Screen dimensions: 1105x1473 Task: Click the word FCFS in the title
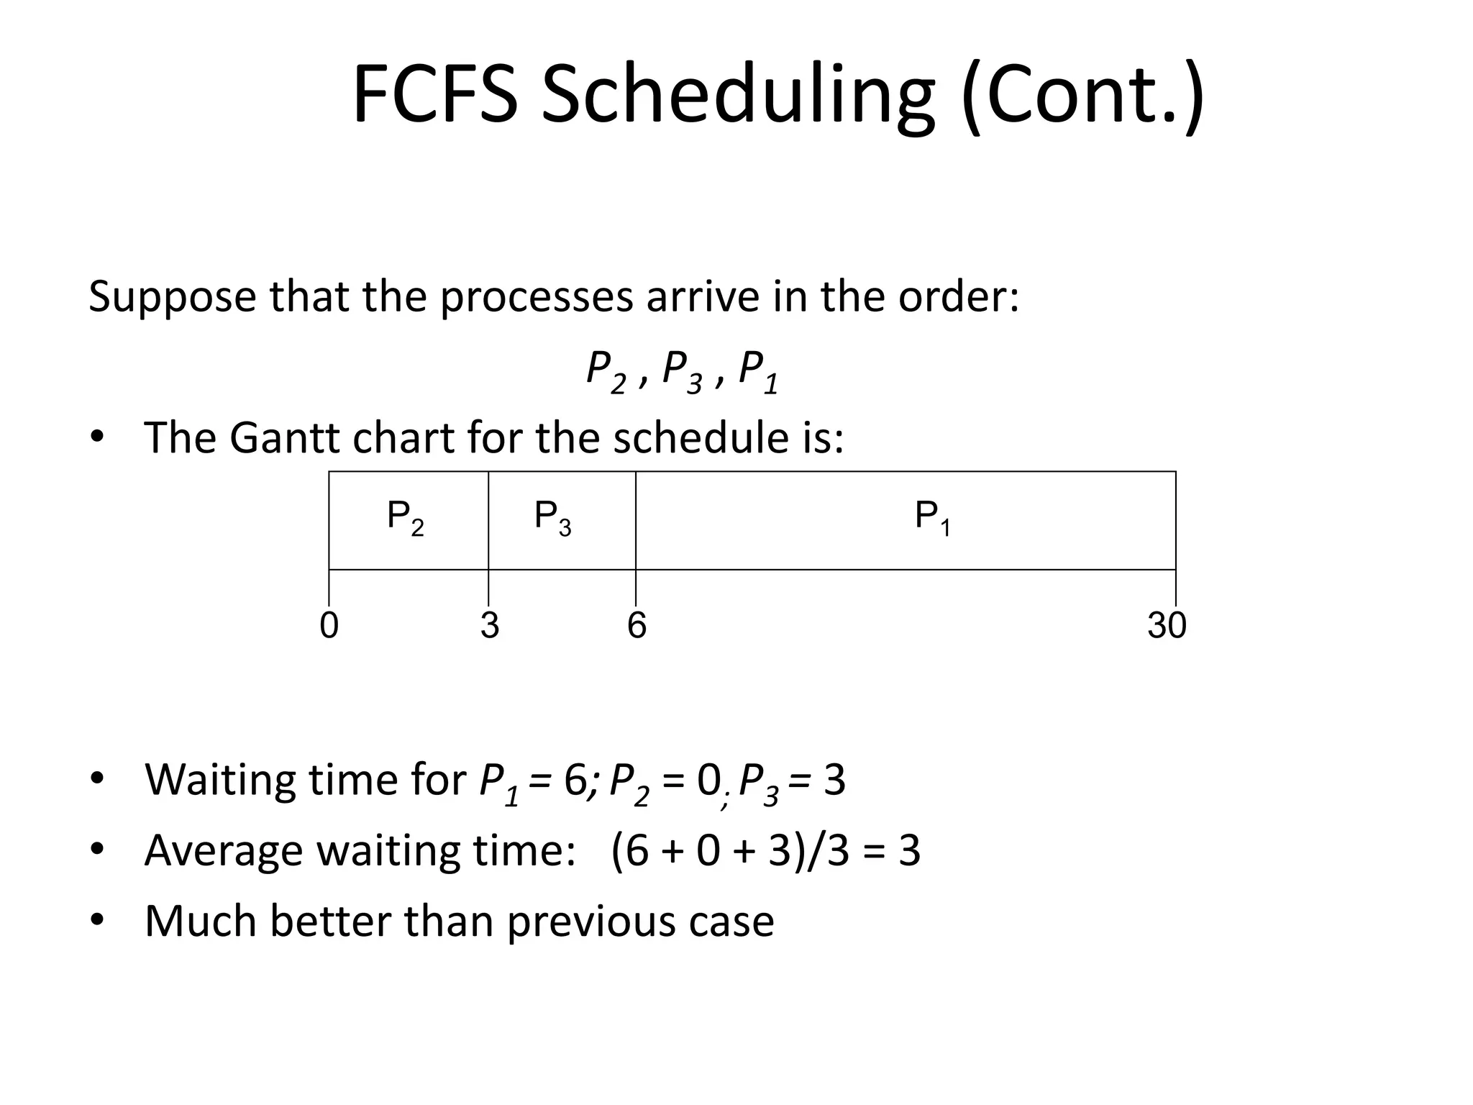(434, 95)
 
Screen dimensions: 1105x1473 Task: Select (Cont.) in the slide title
(1082, 95)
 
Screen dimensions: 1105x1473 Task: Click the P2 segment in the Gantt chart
(408, 520)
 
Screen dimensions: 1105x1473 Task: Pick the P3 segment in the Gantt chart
(561, 520)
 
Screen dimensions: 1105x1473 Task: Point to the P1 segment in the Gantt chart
(905, 520)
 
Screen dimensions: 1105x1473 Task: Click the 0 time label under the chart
(329, 625)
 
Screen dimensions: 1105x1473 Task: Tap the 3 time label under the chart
(490, 625)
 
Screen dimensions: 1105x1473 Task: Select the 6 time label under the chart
(637, 625)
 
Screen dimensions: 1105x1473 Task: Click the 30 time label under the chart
(1167, 625)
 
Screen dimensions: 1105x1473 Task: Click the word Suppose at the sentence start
(172, 297)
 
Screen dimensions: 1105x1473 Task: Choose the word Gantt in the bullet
(284, 437)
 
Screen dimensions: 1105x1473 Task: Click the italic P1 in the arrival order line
(758, 371)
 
